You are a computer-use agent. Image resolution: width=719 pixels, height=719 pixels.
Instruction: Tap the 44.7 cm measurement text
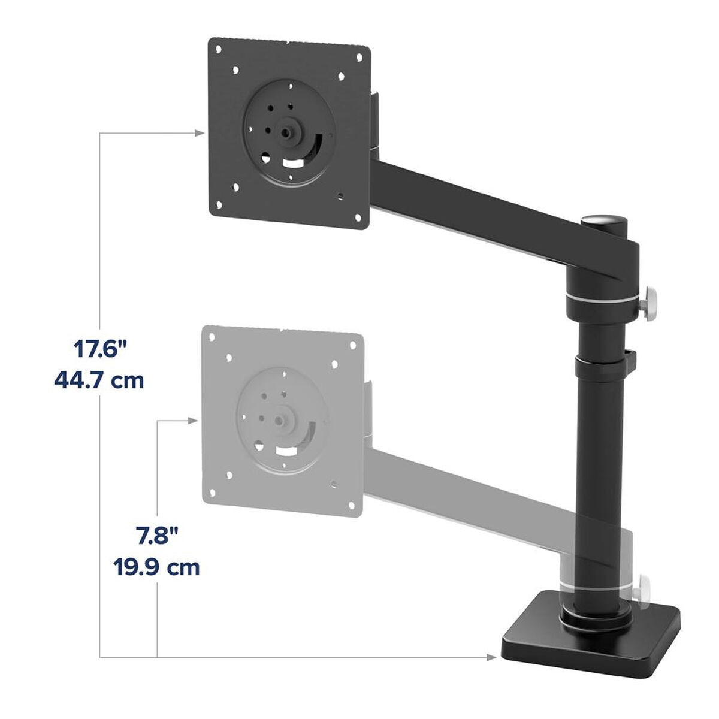tap(99, 380)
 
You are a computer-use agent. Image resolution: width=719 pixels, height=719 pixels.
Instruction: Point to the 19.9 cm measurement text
tap(156, 566)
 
